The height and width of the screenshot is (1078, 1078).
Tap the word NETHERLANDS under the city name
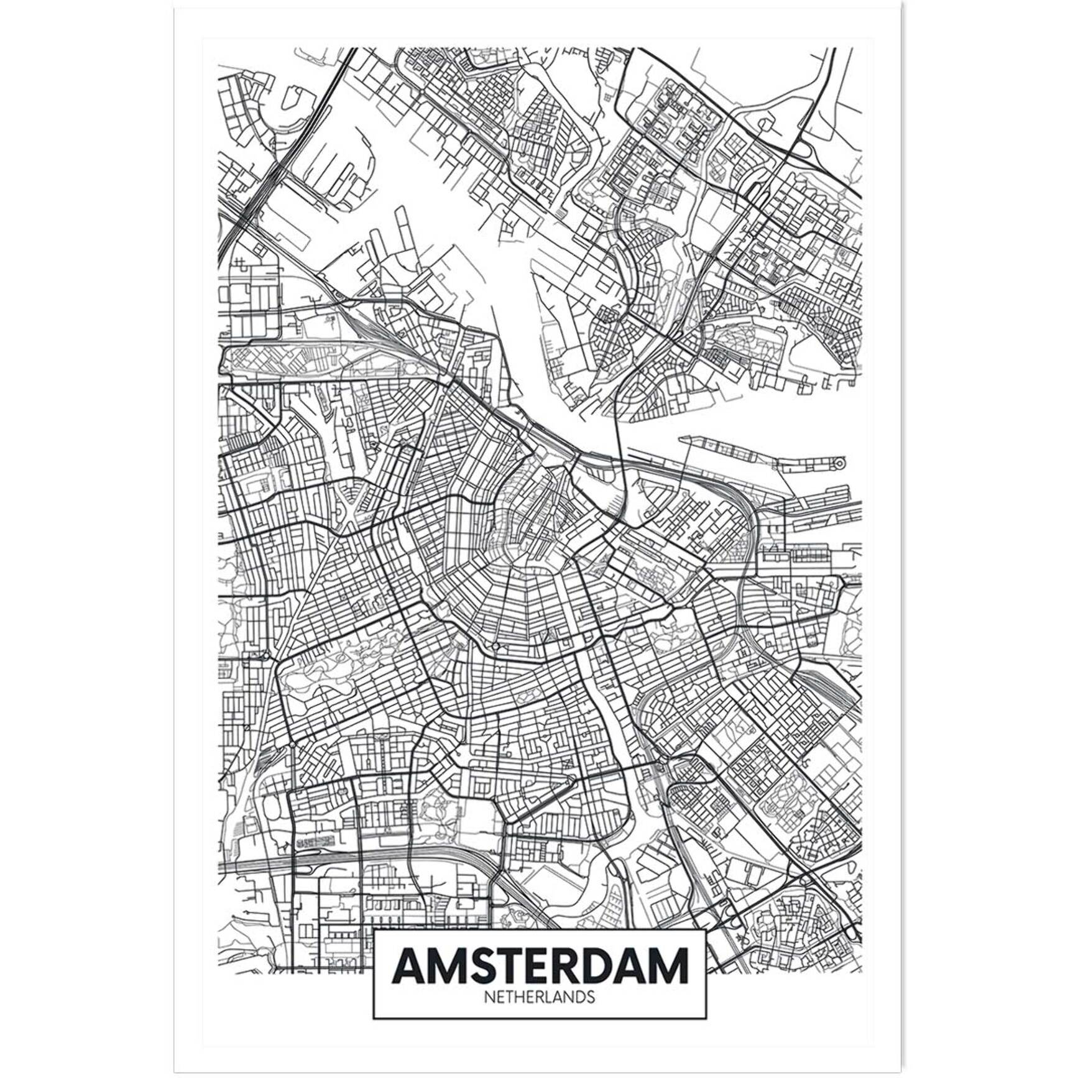point(539,997)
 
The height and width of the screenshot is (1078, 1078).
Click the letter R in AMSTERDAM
point(573,965)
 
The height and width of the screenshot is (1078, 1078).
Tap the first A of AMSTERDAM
point(410,965)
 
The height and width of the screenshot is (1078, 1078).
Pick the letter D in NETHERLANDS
point(580,997)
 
